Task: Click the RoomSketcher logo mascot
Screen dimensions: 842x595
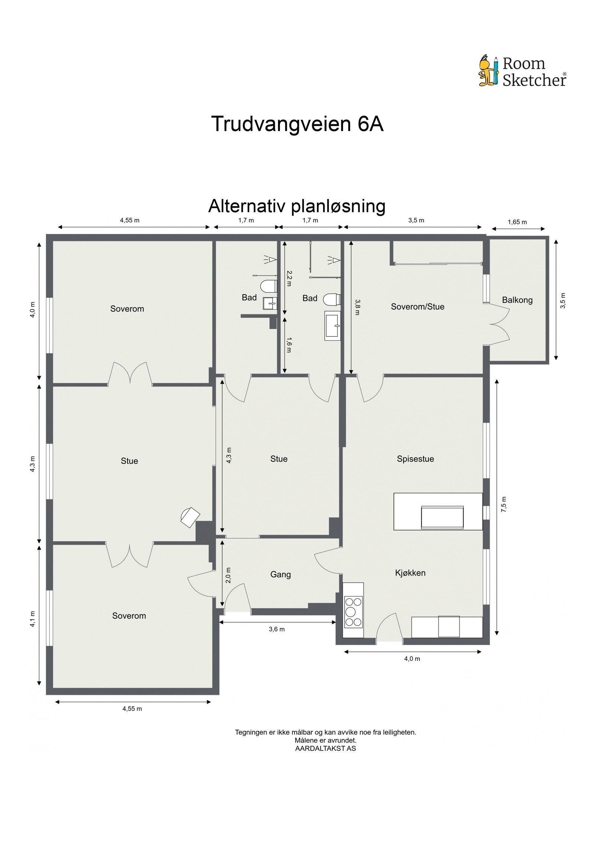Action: pos(488,71)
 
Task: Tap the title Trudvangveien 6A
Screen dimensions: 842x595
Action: pos(297,124)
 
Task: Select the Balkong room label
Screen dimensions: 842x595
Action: pos(517,300)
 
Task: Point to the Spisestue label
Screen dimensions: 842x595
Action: pos(415,459)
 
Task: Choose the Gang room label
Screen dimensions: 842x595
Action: pos(280,574)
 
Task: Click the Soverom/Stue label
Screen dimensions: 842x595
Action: pos(417,307)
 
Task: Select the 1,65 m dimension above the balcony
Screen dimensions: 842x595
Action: pos(517,222)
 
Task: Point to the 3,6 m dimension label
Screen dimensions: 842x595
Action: pos(277,629)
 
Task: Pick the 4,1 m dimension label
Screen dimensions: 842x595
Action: pos(33,619)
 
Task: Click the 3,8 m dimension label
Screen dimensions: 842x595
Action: pos(357,307)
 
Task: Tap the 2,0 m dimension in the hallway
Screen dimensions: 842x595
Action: pos(228,575)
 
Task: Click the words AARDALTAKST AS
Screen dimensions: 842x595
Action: pos(325,748)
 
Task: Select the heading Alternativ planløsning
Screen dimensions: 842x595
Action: pos(297,206)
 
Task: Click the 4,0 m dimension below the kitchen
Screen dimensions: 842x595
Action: pos(412,659)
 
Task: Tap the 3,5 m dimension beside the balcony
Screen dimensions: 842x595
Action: pos(563,300)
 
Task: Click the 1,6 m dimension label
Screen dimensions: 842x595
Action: pos(289,345)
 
